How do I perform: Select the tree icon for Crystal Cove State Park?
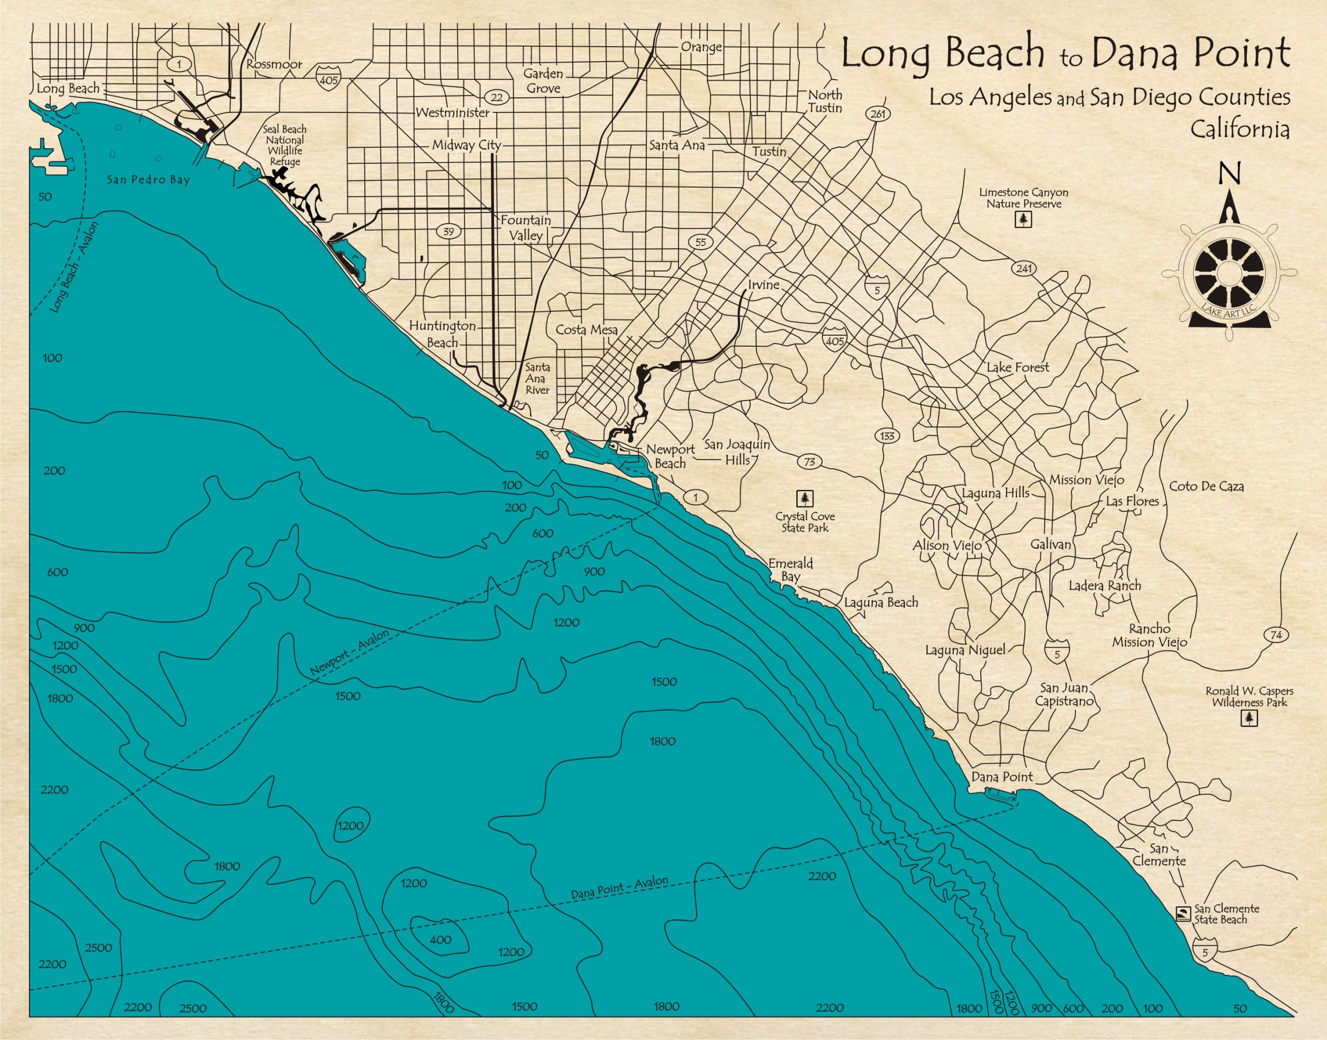pyautogui.click(x=806, y=498)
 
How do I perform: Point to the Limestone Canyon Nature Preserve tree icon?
pyautogui.click(x=1023, y=219)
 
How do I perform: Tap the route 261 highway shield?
pyautogui.click(x=877, y=115)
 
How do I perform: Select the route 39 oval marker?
pyautogui.click(x=449, y=232)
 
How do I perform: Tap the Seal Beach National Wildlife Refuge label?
pyautogui.click(x=285, y=146)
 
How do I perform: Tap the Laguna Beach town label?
pyautogui.click(x=881, y=603)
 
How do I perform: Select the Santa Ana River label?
pyautogui.click(x=538, y=379)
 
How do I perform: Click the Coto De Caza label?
pyautogui.click(x=1206, y=487)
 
